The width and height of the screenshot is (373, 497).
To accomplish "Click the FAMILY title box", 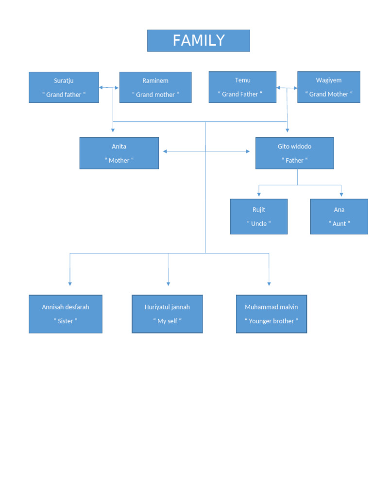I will pyautogui.click(x=198, y=40).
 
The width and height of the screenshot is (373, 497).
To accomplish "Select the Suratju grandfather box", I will pyautogui.click(x=64, y=87).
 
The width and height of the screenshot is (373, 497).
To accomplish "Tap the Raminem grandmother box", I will pyautogui.click(x=155, y=87).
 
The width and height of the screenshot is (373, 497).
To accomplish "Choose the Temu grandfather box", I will pyautogui.click(x=242, y=87).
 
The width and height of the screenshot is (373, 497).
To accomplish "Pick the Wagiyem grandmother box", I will pyautogui.click(x=328, y=87).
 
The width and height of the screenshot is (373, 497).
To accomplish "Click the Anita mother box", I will pyautogui.click(x=119, y=153).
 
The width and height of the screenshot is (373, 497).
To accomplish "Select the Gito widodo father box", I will pyautogui.click(x=294, y=153).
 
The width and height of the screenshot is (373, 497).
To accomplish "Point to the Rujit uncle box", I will pyautogui.click(x=258, y=216).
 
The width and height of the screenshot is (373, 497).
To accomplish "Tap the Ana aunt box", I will pyautogui.click(x=339, y=216).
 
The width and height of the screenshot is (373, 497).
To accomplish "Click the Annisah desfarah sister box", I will pyautogui.click(x=65, y=314).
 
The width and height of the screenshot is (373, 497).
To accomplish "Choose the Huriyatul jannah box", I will pyautogui.click(x=167, y=314).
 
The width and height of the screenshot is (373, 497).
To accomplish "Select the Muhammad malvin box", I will pyautogui.click(x=271, y=314).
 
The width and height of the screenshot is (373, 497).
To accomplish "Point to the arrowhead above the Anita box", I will pyautogui.click(x=113, y=130).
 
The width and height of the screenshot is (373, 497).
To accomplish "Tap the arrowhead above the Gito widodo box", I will pyautogui.click(x=287, y=130).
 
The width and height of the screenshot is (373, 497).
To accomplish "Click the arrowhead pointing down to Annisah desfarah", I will pyautogui.click(x=70, y=283).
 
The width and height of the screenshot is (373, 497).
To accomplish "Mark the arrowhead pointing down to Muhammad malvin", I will pyautogui.click(x=269, y=283).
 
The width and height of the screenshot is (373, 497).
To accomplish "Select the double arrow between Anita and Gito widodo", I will pyautogui.click(x=206, y=151).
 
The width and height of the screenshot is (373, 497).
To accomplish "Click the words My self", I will pyautogui.click(x=167, y=321).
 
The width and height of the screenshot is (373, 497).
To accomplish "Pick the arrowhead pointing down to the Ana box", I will pyautogui.click(x=342, y=194).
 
